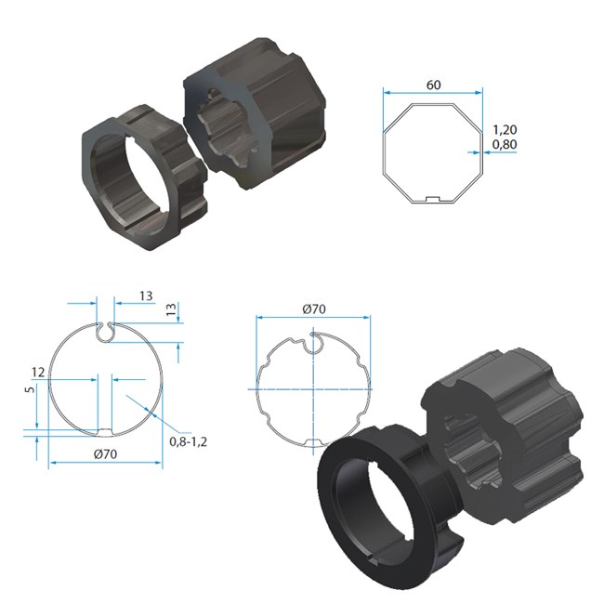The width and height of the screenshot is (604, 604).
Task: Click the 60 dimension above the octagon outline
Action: point(434,85)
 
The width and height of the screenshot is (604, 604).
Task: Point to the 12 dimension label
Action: point(37,372)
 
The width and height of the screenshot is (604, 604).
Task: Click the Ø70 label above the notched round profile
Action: point(313,309)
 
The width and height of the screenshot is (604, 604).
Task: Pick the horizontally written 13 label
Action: point(145,295)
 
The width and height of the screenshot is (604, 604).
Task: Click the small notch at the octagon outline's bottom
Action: point(431,199)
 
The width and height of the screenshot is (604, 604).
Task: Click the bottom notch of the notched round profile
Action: point(313,442)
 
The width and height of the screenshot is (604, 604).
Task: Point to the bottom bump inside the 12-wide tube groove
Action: point(104,430)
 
